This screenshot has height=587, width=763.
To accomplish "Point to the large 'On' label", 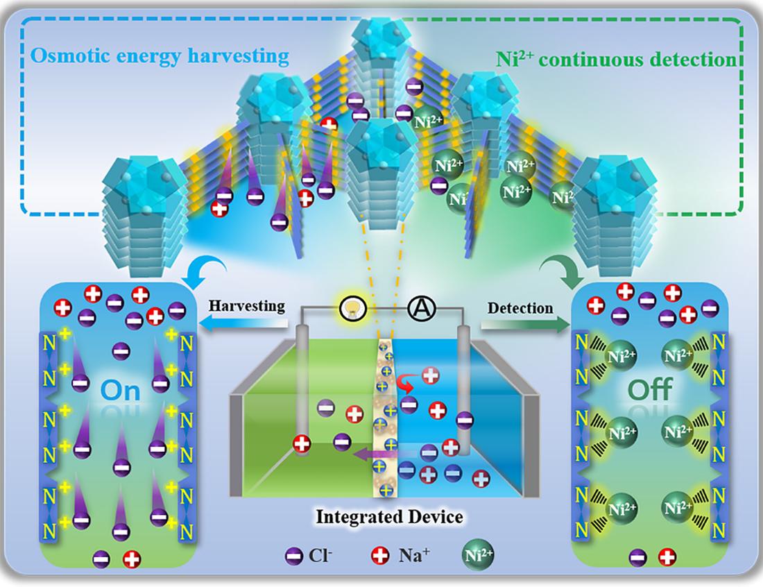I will [120, 390].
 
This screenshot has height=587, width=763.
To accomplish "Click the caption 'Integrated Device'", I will [388, 517].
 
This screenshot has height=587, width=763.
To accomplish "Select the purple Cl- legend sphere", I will [293, 556].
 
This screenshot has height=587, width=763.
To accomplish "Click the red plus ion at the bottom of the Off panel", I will [667, 555].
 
